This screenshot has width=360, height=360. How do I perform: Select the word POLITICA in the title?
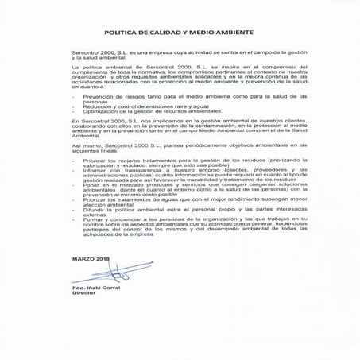[x=123, y=34]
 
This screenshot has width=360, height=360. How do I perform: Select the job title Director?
[x=83, y=295]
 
